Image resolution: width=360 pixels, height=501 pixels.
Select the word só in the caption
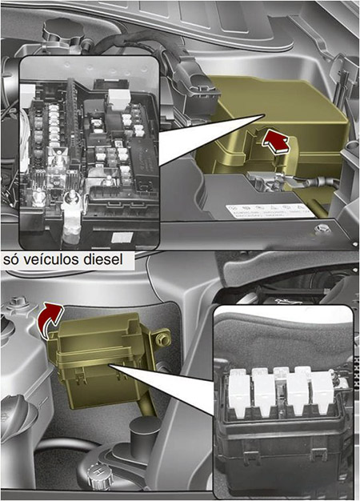(x=12, y=259)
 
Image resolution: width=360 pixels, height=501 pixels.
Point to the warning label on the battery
(x=270, y=210)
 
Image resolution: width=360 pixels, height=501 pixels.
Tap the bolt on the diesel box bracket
(x=162, y=339)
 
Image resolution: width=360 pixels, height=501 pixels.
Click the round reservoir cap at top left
(x=64, y=31)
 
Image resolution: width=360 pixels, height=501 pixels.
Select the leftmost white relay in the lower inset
(x=239, y=393)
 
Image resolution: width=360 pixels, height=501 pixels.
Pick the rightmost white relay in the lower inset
(x=322, y=392)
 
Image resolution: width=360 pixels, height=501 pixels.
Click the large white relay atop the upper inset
(x=119, y=97)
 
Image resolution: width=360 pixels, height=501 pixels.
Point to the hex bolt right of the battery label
(x=322, y=229)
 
